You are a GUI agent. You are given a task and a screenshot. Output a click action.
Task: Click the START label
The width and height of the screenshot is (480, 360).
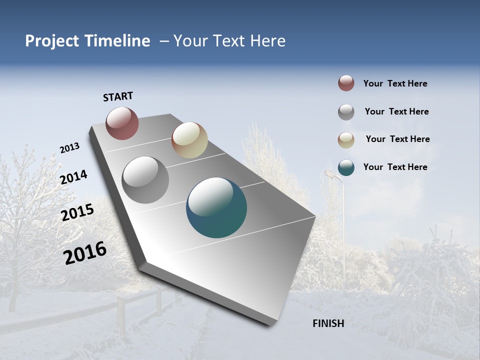pyautogui.click(x=118, y=96)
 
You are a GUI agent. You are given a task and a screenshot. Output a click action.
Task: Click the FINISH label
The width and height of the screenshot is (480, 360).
pyautogui.click(x=328, y=323)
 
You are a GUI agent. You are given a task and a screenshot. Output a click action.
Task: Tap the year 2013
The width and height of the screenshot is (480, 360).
pyautogui.click(x=70, y=148)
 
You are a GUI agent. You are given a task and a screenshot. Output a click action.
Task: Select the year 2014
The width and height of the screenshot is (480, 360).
pyautogui.click(x=74, y=177)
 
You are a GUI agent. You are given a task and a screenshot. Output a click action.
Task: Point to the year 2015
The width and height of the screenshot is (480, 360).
pyautogui.click(x=77, y=212)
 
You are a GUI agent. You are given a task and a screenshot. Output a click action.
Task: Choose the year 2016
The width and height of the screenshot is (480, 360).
pyautogui.click(x=85, y=253)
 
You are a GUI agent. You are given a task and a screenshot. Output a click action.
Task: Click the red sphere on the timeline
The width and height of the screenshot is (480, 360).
pyautogui.click(x=122, y=123)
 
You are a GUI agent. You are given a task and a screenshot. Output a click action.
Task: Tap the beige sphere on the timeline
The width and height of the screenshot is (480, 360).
pyautogui.click(x=189, y=140)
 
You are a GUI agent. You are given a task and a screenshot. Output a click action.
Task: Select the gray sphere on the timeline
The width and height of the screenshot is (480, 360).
pyautogui.click(x=145, y=180)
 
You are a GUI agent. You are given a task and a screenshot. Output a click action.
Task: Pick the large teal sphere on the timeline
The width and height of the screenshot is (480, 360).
pyautogui.click(x=216, y=207)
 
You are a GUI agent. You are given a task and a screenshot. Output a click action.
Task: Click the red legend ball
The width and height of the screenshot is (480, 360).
pyautogui.click(x=346, y=83)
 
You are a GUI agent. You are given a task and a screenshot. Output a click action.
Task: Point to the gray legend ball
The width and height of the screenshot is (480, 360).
pyautogui.click(x=346, y=112)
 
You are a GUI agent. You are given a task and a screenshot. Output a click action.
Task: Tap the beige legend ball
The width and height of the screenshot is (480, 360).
pyautogui.click(x=346, y=140)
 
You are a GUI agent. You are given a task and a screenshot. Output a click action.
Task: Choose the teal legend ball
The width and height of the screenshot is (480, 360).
pyautogui.click(x=346, y=167)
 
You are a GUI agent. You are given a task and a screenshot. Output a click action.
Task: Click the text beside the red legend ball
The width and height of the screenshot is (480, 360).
pyautogui.click(x=395, y=84)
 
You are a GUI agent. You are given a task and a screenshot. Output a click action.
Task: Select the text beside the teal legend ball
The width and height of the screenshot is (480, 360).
pyautogui.click(x=395, y=167)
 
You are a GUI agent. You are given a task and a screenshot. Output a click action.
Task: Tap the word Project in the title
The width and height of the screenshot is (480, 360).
pyautogui.click(x=52, y=41)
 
